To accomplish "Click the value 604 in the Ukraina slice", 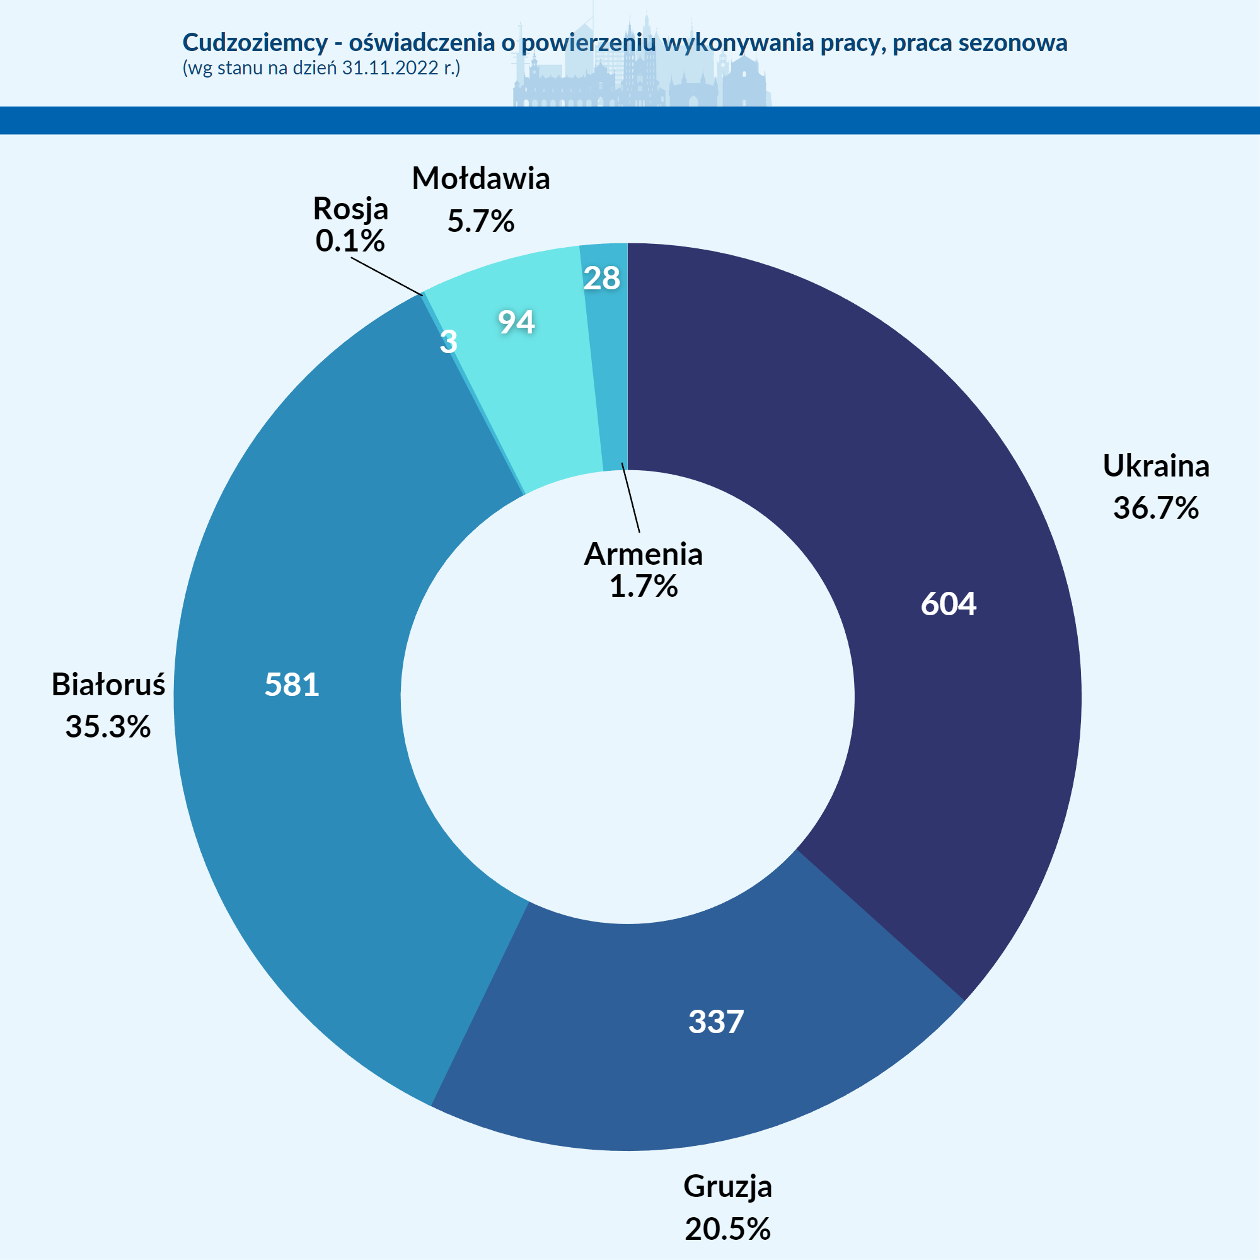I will click(948, 604).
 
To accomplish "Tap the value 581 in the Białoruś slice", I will click(292, 685).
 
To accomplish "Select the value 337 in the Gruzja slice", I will click(715, 1021).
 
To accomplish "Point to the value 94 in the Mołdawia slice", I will click(516, 322).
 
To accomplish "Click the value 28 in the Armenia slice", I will click(601, 279).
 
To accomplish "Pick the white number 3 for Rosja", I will click(449, 342).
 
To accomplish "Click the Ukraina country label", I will click(1155, 466).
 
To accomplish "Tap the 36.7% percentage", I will click(1155, 508).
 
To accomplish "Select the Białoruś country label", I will click(108, 685).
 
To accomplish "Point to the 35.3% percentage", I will click(108, 727).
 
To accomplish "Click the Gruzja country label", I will click(727, 1186).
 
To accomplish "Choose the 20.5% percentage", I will click(727, 1229).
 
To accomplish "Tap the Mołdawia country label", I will click(481, 179).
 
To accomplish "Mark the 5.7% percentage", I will click(481, 221).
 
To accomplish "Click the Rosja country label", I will click(350, 209).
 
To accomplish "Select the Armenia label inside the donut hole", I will click(643, 554).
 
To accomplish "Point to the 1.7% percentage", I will click(643, 586).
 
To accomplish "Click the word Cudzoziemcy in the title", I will click(255, 42).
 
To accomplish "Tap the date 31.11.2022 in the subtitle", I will click(390, 68).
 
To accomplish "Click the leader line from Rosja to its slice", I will click(387, 277).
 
